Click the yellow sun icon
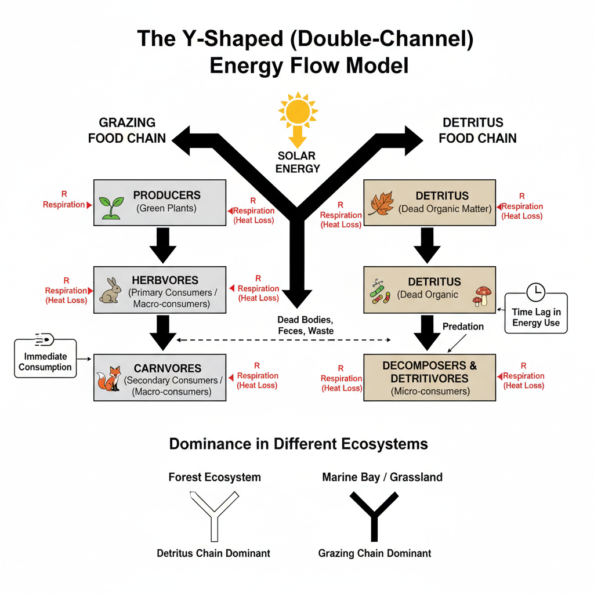[x=298, y=110]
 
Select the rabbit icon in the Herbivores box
[x=110, y=291]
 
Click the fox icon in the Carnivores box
[x=108, y=378]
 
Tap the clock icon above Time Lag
[x=535, y=292]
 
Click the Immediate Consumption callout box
[x=45, y=358]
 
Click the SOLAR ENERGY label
[x=298, y=162]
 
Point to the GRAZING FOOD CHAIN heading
[x=127, y=131]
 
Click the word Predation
[x=463, y=327]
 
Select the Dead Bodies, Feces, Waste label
[x=305, y=325]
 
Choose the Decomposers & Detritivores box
[x=429, y=378]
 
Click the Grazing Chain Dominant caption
[x=374, y=553]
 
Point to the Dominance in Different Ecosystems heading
[x=298, y=444]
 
